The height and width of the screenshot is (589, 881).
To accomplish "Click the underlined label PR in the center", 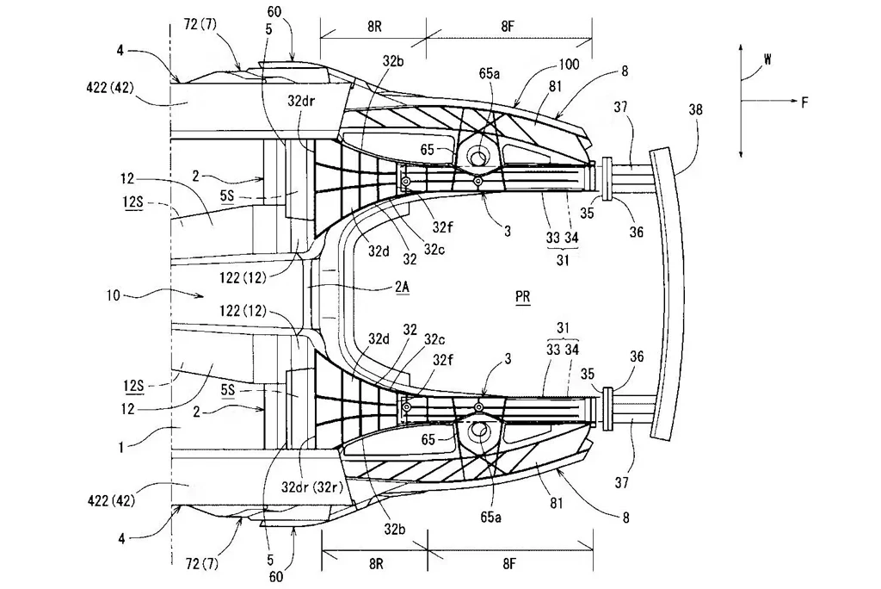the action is point(522,297).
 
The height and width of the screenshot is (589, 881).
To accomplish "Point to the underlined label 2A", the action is point(402,287).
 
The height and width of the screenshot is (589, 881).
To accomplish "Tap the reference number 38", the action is point(695,109).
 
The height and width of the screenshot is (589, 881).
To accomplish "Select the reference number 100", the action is point(569,64).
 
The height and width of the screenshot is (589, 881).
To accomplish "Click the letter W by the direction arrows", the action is point(767,59).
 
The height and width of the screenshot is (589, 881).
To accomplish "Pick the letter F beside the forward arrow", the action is point(804,102).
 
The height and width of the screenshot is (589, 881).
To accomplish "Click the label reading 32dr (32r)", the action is point(312,487).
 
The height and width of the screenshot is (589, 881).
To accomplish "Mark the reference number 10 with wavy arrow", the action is point(113,294).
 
